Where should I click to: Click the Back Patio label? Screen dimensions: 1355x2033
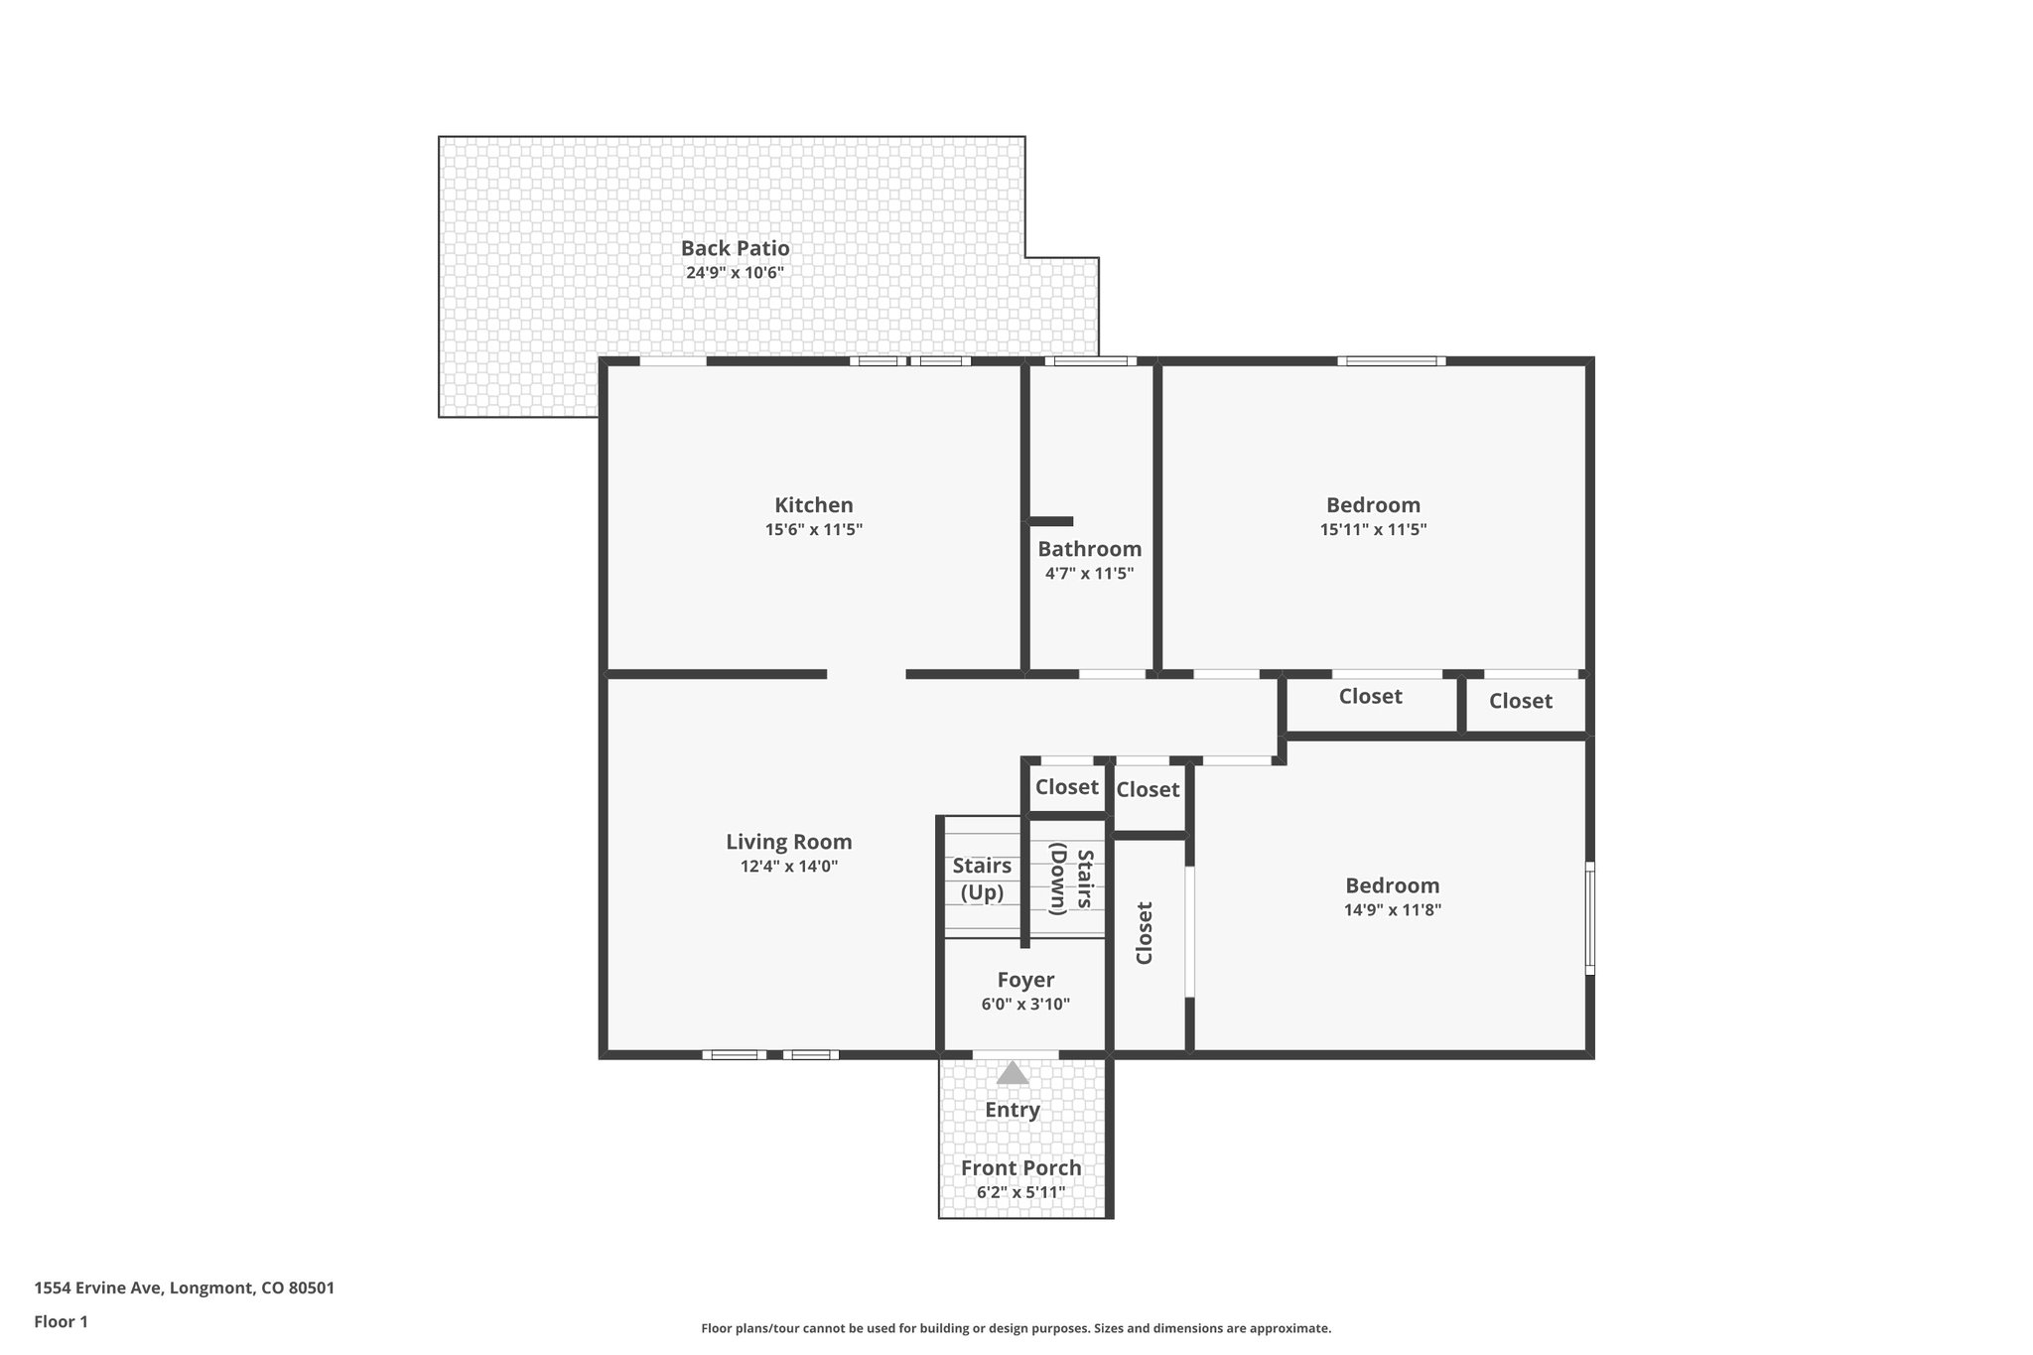tap(735, 248)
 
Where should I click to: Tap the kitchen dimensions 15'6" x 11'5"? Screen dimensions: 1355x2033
tap(813, 530)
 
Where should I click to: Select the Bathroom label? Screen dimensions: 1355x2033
tap(1089, 549)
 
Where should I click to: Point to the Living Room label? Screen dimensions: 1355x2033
tap(788, 842)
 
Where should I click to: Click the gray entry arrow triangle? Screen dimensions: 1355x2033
tap(1012, 1073)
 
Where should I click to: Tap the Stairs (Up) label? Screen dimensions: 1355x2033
tap(982, 879)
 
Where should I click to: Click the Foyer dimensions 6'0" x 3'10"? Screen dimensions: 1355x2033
tap(1025, 1005)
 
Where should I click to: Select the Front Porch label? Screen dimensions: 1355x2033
tap(1020, 1167)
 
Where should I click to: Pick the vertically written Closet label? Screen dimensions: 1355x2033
tap(1145, 932)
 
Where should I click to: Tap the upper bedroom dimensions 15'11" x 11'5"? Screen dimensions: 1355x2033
tap(1373, 530)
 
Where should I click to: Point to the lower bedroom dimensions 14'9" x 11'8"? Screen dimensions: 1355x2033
tap(1392, 909)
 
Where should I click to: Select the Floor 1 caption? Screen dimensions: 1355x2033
tap(61, 1321)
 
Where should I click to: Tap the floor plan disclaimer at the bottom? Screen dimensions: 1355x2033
tap(1016, 1328)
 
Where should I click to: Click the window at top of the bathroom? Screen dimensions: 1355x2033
tap(1090, 361)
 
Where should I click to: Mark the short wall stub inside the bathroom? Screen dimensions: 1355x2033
tap(1050, 521)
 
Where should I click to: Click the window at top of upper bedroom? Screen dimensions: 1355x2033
tap(1391, 361)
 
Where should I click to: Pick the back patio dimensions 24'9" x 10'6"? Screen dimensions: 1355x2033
tap(735, 273)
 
